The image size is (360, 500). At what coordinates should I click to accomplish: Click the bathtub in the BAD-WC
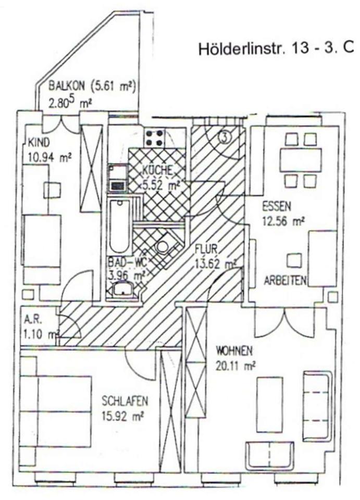tap(118, 227)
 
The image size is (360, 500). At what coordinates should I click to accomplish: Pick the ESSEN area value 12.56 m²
tap(283, 221)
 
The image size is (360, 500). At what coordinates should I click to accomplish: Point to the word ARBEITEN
tap(284, 280)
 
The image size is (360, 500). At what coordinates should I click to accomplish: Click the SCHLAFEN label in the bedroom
tap(125, 402)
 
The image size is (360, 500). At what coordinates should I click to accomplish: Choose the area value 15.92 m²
tap(122, 416)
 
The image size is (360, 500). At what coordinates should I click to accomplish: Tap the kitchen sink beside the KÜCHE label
tap(118, 177)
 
